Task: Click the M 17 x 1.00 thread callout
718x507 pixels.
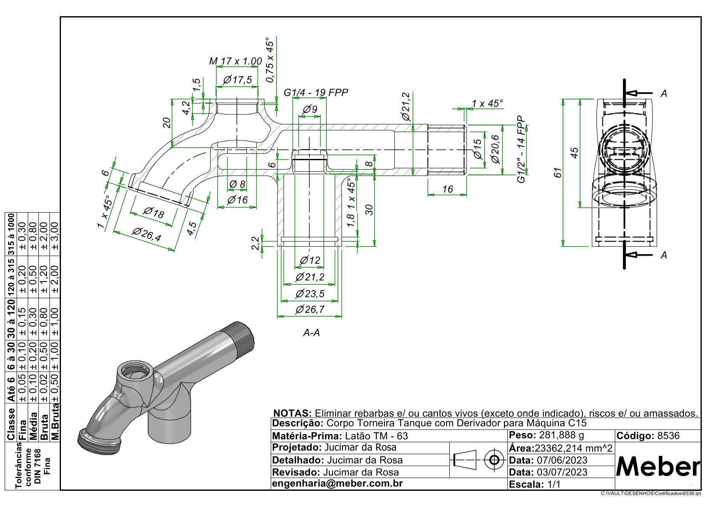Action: [235, 61]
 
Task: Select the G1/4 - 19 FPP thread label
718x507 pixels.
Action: [316, 93]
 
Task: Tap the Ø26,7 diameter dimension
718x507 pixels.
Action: [310, 310]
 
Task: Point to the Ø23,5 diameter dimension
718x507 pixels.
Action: [310, 294]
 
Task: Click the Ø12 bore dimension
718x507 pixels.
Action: [310, 260]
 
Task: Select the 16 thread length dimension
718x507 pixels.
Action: [447, 189]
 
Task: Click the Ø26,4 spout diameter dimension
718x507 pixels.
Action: [146, 235]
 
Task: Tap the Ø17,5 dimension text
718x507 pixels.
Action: [237, 80]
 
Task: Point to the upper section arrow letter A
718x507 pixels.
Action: [663, 94]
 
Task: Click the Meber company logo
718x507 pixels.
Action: [658, 467]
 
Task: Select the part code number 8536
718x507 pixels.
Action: [669, 436]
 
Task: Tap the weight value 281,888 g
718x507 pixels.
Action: [562, 435]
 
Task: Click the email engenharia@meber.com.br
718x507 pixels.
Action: [337, 484]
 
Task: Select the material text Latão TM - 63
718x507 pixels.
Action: [376, 436]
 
